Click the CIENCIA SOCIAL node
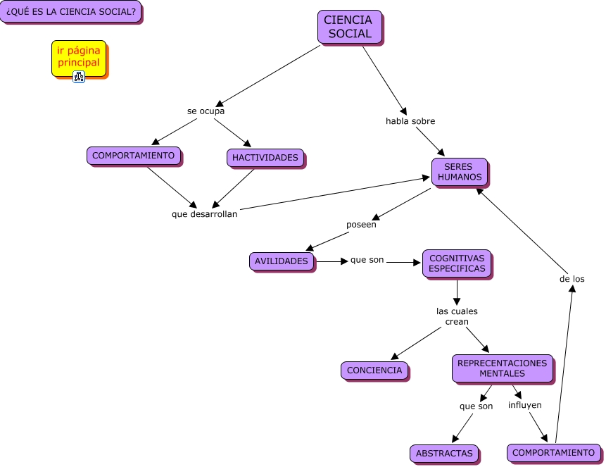(350, 27)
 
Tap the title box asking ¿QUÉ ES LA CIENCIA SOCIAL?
(70, 12)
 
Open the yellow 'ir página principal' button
(79, 57)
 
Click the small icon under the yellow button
(79, 77)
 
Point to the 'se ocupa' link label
(206, 111)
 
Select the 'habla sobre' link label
(410, 121)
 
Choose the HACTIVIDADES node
(265, 157)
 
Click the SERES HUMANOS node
(460, 172)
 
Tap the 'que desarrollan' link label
(205, 214)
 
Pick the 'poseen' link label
(361, 225)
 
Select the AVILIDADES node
(282, 261)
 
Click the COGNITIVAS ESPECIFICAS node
(457, 263)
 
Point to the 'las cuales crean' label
(457, 316)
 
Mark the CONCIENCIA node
(374, 370)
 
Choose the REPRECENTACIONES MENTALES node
(502, 368)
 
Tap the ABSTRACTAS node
(444, 454)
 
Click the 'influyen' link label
(525, 405)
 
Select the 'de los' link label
(572, 279)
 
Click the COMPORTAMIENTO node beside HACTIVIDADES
(134, 156)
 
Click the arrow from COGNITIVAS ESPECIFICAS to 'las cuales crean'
(457, 292)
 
